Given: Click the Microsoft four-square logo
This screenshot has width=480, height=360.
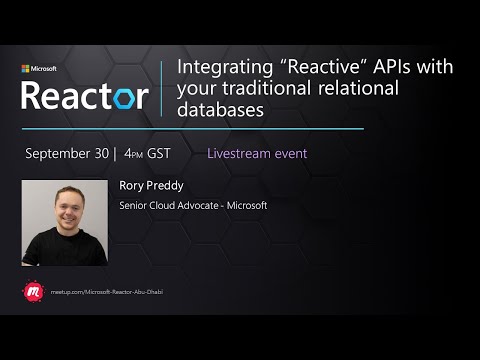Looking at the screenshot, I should tap(26, 69).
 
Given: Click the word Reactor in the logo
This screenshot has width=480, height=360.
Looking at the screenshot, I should tap(84, 95).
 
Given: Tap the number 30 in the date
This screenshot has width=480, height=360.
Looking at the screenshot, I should tap(103, 154).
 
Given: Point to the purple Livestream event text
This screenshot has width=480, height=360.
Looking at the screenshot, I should tap(256, 154).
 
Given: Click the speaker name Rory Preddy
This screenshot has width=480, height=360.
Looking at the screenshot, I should tap(149, 185).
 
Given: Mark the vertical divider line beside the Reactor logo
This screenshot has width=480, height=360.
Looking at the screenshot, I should tap(162, 90).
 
